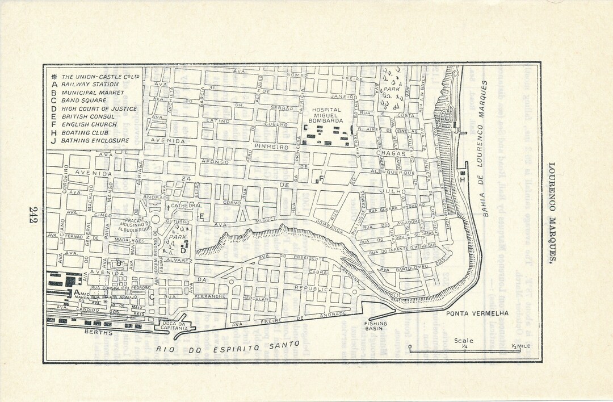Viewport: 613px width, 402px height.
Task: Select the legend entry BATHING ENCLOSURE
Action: (95, 140)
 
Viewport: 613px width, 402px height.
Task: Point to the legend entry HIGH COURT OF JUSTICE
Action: (99, 108)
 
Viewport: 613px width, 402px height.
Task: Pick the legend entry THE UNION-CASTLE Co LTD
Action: (101, 76)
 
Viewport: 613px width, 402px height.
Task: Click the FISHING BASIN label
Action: (376, 326)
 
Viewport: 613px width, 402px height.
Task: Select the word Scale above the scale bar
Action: (463, 340)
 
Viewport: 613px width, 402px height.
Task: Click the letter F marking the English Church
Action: (322, 179)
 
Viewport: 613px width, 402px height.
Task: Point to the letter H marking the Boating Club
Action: (464, 180)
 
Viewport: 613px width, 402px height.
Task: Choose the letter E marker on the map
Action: (201, 216)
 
